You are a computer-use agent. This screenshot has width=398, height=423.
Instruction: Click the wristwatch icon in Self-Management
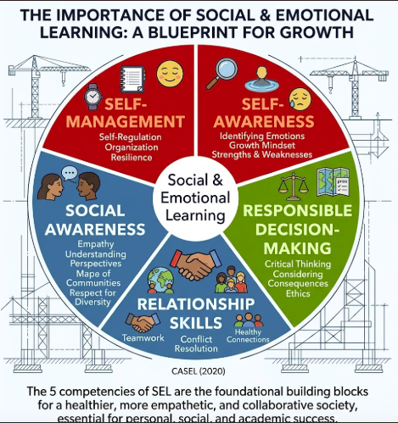click(93, 97)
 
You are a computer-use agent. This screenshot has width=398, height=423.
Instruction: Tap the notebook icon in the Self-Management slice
click(132, 79)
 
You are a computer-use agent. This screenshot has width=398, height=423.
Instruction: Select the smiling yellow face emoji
click(170, 74)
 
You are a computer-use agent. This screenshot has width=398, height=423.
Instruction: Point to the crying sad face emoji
click(300, 99)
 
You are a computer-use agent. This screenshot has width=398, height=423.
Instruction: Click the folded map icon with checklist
click(334, 182)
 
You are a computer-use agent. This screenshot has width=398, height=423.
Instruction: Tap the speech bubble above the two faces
click(69, 173)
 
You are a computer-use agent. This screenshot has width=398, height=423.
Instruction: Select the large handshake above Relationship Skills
click(195, 264)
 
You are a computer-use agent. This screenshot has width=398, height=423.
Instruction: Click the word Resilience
click(132, 157)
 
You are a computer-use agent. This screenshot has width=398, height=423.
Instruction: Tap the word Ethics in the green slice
click(298, 293)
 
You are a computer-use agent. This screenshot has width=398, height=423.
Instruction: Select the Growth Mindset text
click(262, 145)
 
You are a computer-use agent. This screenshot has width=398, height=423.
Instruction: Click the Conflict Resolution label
click(196, 343)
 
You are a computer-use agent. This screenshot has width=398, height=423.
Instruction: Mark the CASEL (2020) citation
click(199, 371)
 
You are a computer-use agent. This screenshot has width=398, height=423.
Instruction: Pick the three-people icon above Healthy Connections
click(249, 320)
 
